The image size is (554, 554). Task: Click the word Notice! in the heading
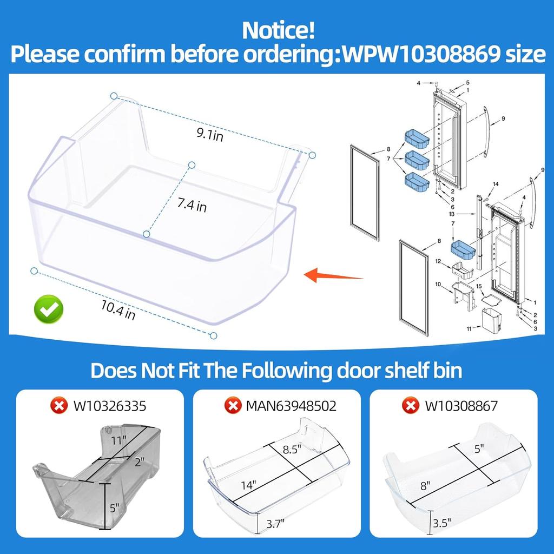pyautogui.click(x=278, y=30)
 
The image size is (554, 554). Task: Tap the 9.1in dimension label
pyautogui.click(x=210, y=135)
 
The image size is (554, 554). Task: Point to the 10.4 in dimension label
pyautogui.click(x=117, y=311)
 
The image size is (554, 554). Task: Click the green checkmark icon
pyautogui.click(x=49, y=309)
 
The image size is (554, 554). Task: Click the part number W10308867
pyautogui.click(x=461, y=405)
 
